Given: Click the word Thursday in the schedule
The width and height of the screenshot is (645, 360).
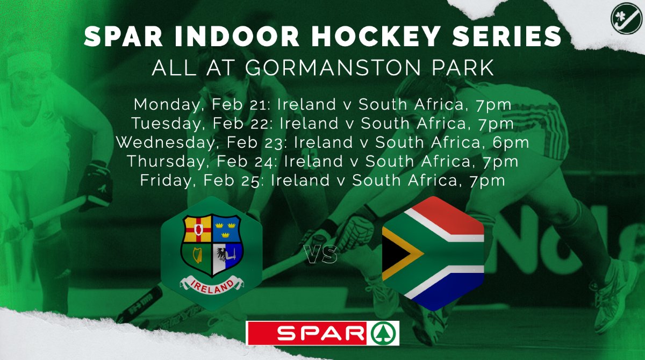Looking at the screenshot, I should click(x=165, y=161).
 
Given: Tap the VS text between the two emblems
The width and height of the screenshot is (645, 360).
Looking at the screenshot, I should click(x=321, y=256).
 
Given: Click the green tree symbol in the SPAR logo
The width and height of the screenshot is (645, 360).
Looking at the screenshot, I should click(x=384, y=333).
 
